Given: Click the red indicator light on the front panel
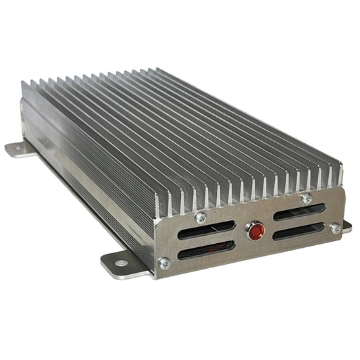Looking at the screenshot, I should pyautogui.click(x=256, y=232).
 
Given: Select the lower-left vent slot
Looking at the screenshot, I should pyautogui.click(x=207, y=248).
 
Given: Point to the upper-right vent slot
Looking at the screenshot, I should pyautogui.click(x=299, y=213).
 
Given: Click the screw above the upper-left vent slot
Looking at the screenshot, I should pyautogui.click(x=201, y=217).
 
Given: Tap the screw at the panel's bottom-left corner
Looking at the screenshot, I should pyautogui.click(x=163, y=263).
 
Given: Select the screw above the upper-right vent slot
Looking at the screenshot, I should pyautogui.click(x=307, y=199).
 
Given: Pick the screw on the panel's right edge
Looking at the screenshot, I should pyautogui.click(x=336, y=228).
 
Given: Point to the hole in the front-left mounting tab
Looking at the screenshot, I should pyautogui.click(x=120, y=262).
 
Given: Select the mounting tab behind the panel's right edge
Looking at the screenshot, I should pyautogui.click(x=346, y=227).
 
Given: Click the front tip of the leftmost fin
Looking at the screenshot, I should pyautogui.click(x=157, y=203).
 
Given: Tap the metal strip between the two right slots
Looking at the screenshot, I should pyautogui.click(x=299, y=222).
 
